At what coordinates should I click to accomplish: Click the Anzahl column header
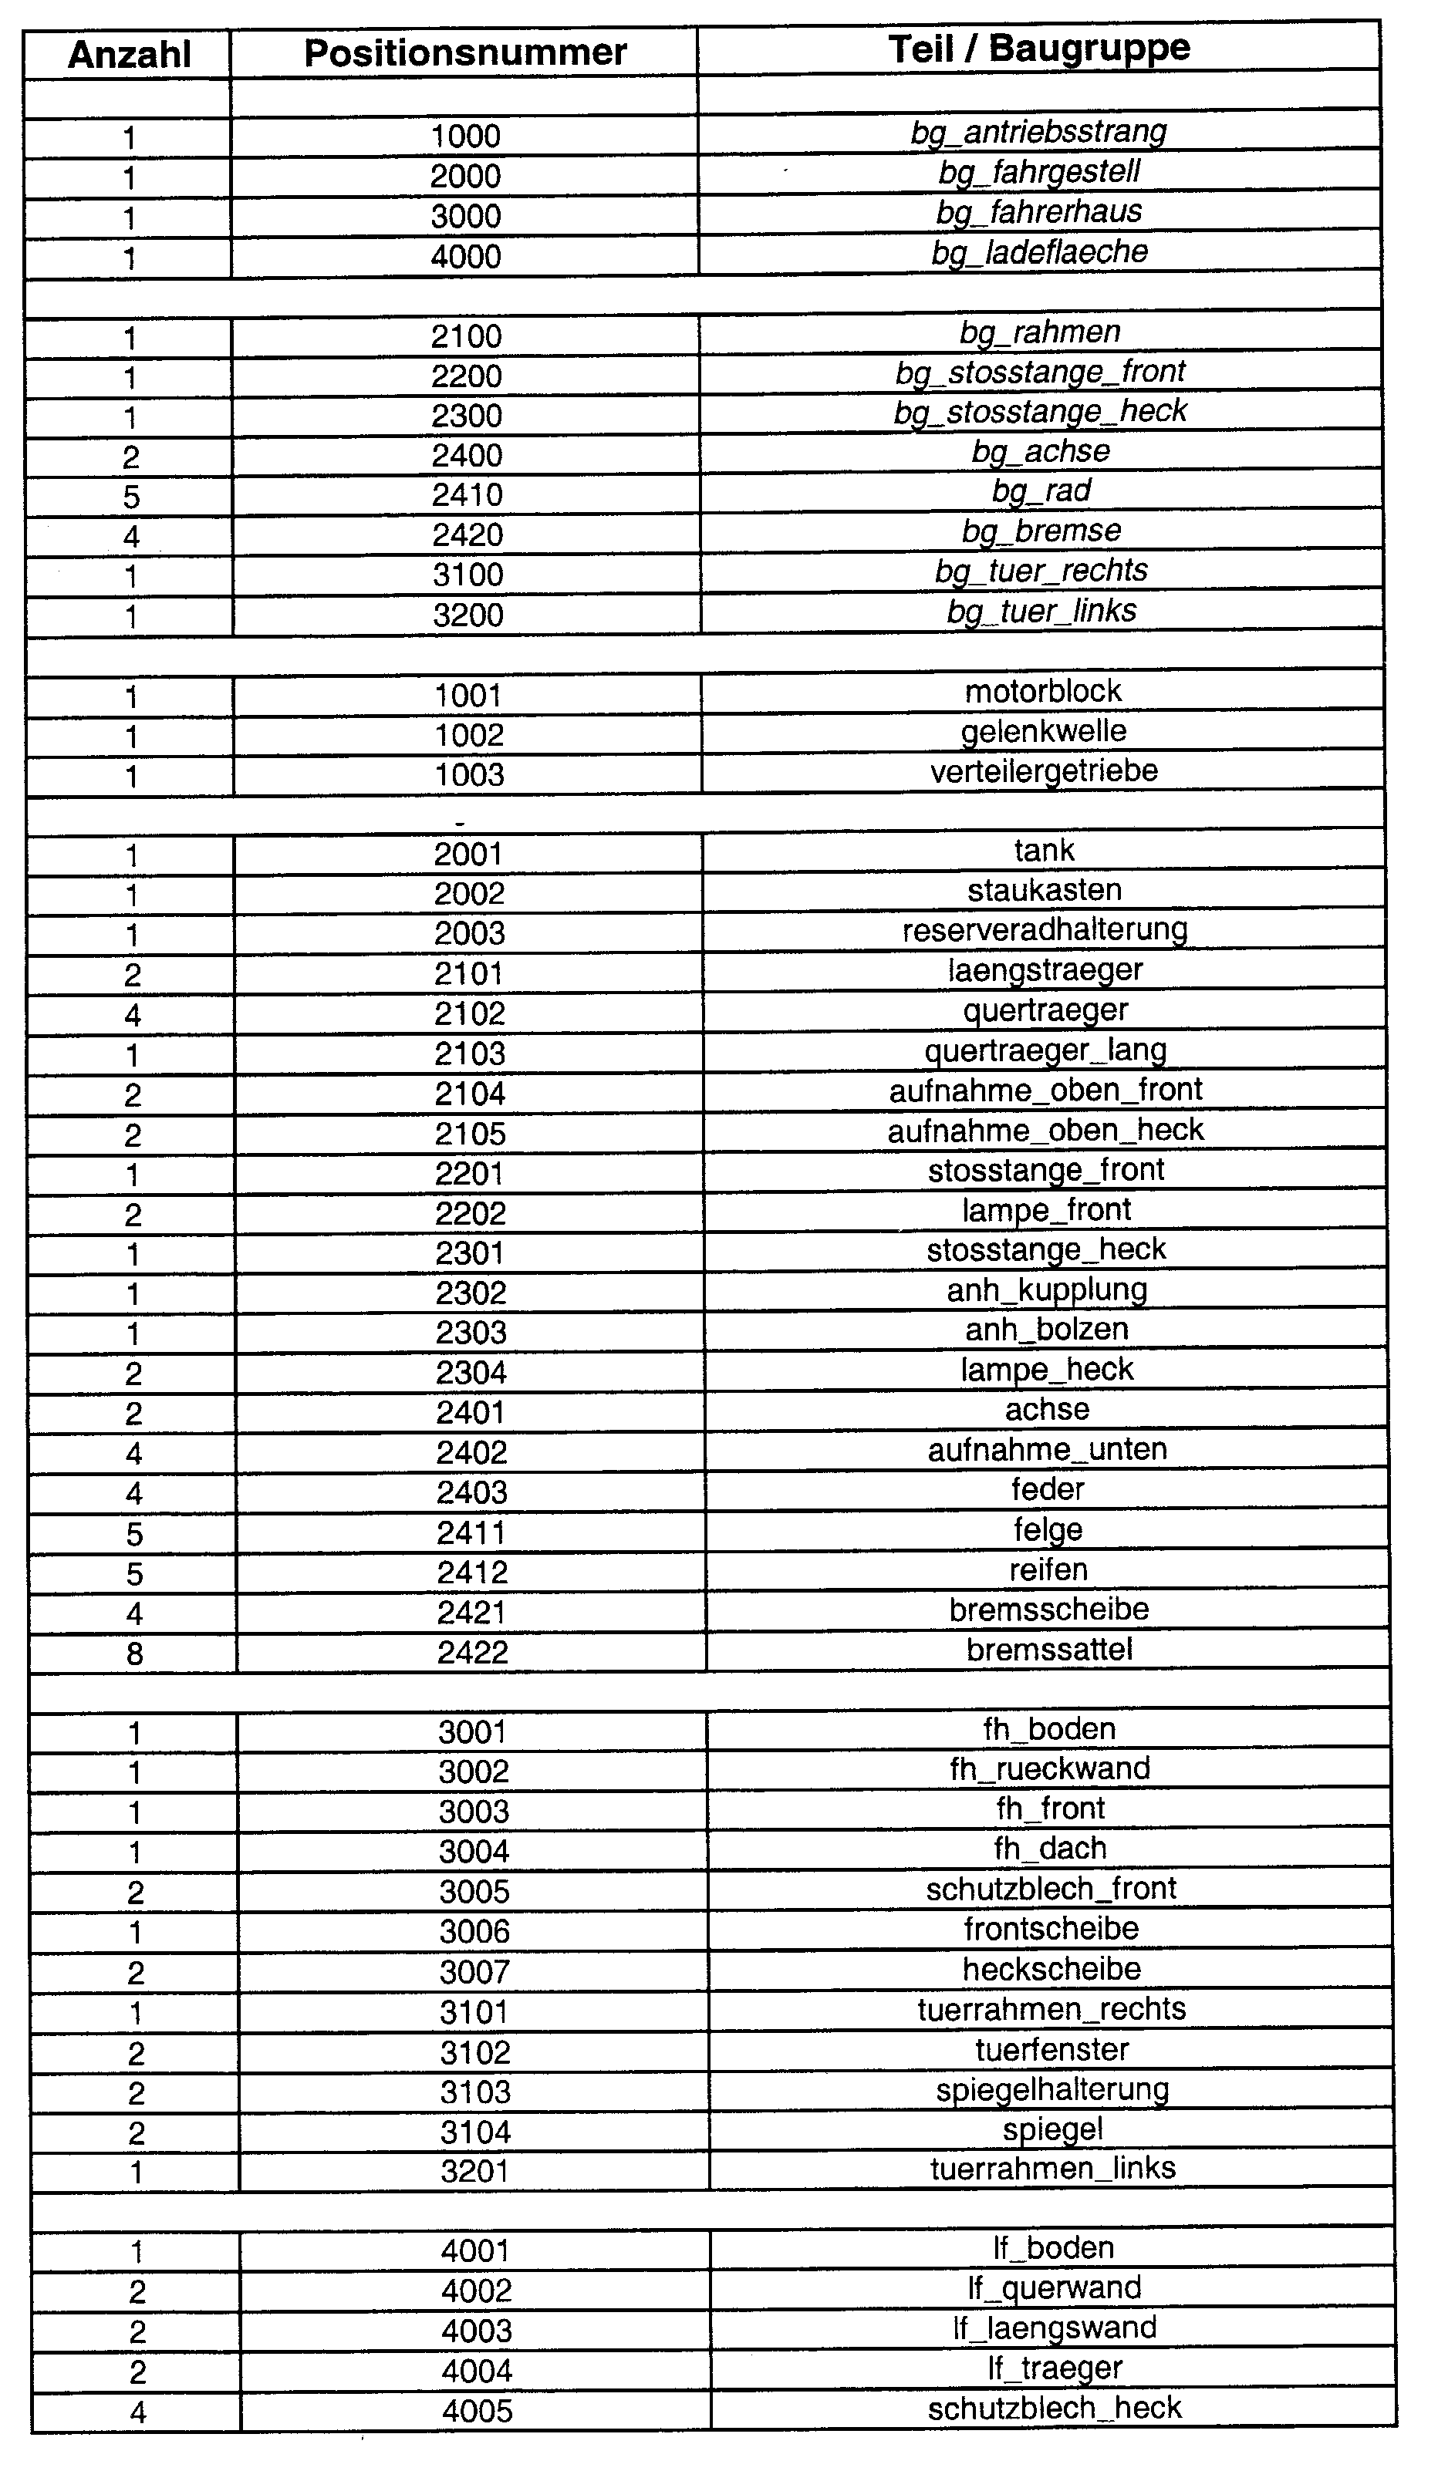129,55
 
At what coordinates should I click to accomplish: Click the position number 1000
465,137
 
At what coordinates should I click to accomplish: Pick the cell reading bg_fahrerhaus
1039,212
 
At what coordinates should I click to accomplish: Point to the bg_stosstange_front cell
1040,372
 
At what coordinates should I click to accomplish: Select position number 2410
467,494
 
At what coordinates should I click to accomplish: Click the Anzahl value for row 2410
131,497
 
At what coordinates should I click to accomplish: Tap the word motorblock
1043,691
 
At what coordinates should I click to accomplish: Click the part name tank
1044,850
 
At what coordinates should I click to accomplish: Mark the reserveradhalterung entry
1045,929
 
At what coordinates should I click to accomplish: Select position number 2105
470,1134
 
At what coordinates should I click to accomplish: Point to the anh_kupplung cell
1047,1289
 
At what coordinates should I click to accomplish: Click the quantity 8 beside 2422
134,1654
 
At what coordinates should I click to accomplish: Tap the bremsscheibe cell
1048,1609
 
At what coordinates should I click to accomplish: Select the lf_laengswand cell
1055,2327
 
